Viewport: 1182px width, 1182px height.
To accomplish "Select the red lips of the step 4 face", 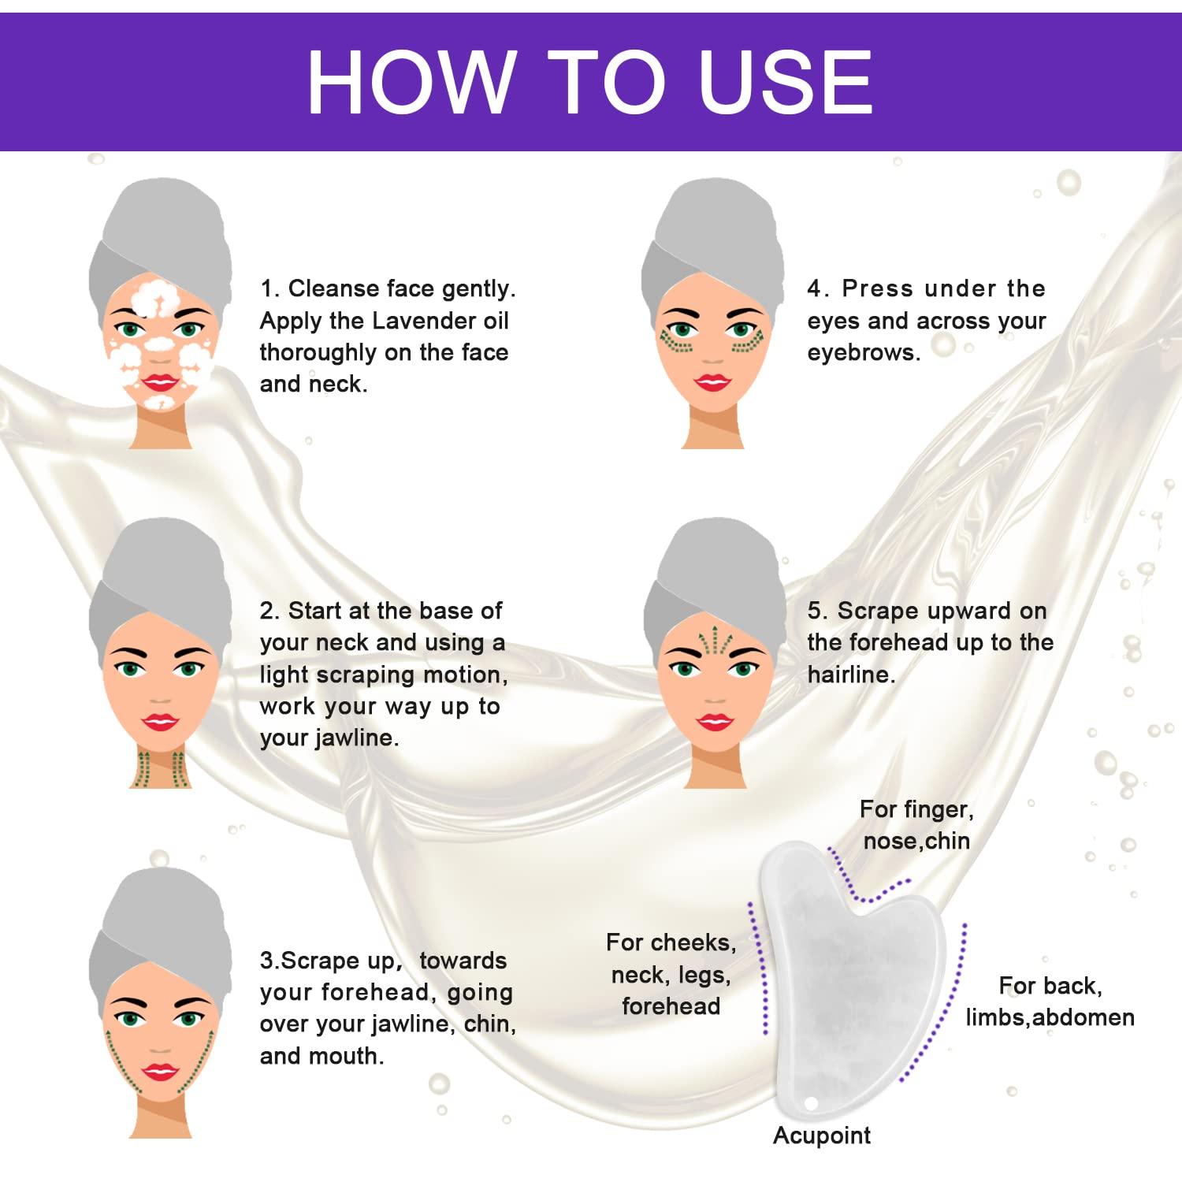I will click(x=712, y=383).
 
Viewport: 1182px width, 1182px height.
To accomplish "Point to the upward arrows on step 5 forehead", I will click(x=716, y=642).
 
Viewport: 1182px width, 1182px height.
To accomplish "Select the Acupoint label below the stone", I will click(x=821, y=1136).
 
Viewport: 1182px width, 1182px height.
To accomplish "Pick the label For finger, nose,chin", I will click(x=916, y=825).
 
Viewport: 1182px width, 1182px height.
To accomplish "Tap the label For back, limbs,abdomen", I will click(x=1050, y=1002).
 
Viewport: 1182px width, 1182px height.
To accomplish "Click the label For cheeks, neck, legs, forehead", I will click(x=671, y=974).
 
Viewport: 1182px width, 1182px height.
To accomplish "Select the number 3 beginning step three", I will click(x=266, y=961).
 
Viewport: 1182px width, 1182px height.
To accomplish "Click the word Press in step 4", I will click(x=875, y=288).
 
